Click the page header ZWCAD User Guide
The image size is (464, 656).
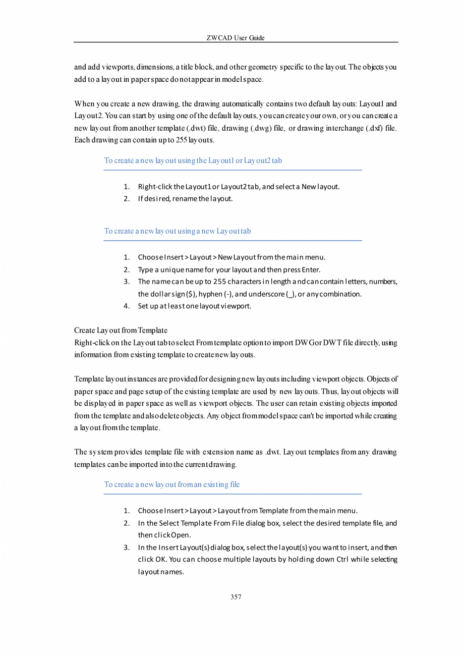236,38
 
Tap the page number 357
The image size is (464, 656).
236,597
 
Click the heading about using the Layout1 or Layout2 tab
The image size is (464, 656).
193,160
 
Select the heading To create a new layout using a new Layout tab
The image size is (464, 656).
178,231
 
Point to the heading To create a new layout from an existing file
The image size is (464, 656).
172,484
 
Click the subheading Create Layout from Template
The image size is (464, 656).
121,331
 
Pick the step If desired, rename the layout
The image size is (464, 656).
185,199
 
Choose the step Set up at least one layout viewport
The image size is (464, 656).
195,306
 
